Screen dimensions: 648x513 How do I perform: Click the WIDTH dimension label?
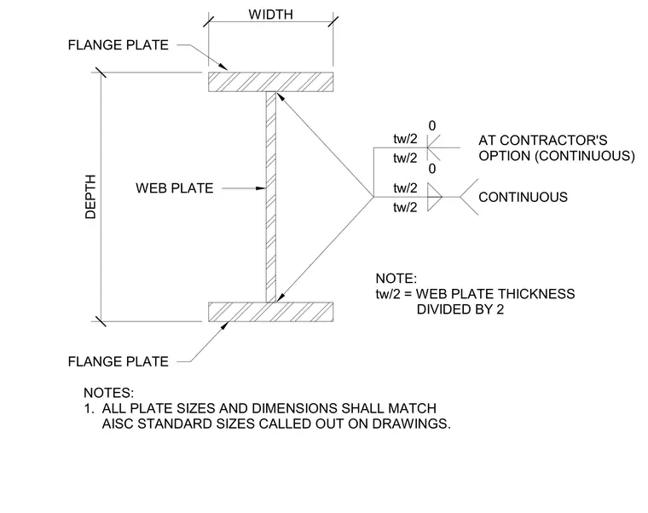click(x=270, y=14)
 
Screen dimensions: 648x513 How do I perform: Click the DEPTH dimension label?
click(x=90, y=197)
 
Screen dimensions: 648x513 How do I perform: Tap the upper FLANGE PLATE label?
click(x=119, y=44)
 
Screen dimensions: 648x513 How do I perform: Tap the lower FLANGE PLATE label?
click(x=119, y=361)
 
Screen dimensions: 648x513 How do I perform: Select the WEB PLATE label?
click(x=175, y=188)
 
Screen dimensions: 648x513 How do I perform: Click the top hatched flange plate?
click(x=270, y=82)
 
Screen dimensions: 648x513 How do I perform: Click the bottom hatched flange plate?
click(x=270, y=312)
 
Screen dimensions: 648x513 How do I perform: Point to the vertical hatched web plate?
click(x=270, y=197)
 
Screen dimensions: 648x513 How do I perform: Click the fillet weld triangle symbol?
click(x=434, y=197)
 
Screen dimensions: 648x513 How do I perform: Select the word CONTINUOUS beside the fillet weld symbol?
click(x=523, y=197)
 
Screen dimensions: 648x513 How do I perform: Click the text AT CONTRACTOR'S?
click(x=543, y=141)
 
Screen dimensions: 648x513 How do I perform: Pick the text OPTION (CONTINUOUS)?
click(x=557, y=156)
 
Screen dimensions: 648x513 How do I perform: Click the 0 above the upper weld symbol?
click(x=432, y=126)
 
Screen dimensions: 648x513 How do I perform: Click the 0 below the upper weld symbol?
click(x=432, y=169)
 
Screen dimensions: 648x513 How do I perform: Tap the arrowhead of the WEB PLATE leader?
click(x=261, y=188)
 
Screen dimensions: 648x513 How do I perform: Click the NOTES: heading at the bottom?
click(x=108, y=392)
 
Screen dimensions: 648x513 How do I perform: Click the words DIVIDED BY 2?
click(x=460, y=309)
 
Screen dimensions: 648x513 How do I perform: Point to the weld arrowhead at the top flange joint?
click(x=280, y=97)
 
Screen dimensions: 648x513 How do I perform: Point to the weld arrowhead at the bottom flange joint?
click(x=281, y=297)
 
